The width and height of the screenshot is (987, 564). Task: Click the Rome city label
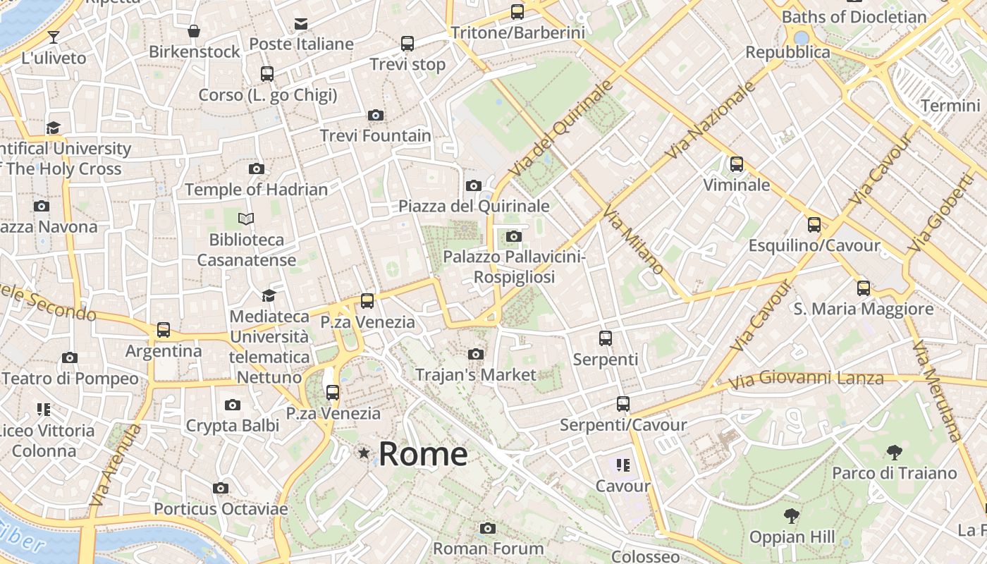423,454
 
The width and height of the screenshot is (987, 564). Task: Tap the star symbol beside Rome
364,453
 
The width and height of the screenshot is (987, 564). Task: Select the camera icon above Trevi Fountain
376,115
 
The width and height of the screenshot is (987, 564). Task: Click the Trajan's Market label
476,374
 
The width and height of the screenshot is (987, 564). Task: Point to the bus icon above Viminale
737,164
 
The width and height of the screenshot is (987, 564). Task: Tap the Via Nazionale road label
709,120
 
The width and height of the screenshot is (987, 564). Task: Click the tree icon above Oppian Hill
792,516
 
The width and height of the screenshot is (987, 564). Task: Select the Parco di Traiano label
894,473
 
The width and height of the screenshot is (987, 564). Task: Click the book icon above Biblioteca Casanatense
246,219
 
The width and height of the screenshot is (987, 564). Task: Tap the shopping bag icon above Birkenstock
194,31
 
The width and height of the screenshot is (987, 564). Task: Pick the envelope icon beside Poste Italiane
301,24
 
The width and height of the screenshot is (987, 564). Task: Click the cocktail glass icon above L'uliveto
54,37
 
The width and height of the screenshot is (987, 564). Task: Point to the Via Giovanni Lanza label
806,381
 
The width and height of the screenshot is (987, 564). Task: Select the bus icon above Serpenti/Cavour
623,404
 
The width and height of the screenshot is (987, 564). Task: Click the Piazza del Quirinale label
474,206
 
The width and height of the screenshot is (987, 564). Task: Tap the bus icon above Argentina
164,329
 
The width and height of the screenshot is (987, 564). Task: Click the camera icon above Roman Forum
488,528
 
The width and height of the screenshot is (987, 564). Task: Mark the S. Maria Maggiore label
863,309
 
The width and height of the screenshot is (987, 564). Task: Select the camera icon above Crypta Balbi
233,405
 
